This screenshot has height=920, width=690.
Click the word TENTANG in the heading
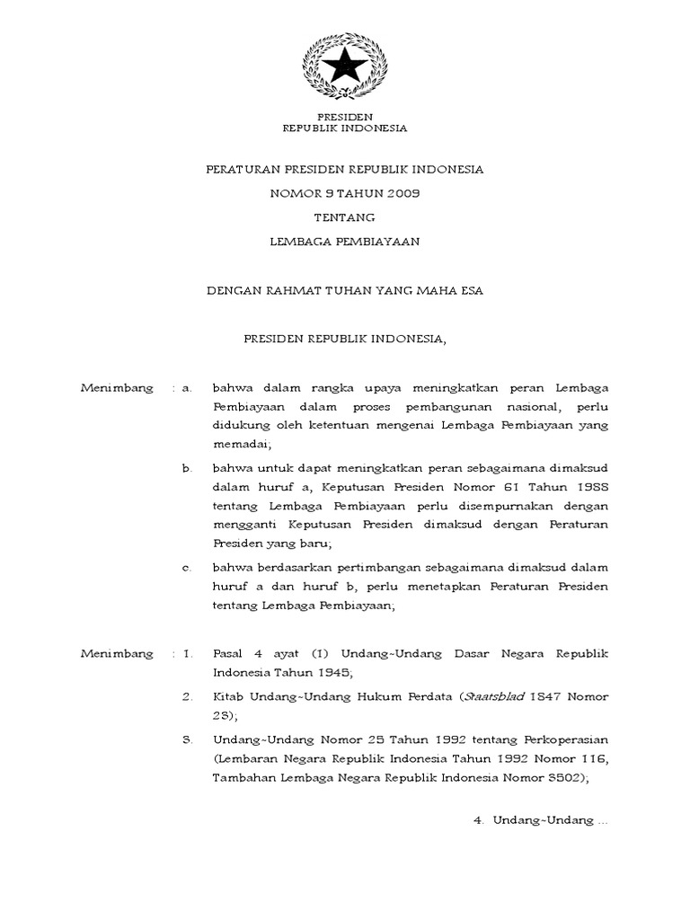pyautogui.click(x=344, y=217)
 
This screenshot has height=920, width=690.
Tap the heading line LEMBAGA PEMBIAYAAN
pyautogui.click(x=345, y=241)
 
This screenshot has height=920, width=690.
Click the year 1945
pyautogui.click(x=314, y=672)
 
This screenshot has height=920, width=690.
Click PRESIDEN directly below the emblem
pyautogui.click(x=345, y=117)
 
